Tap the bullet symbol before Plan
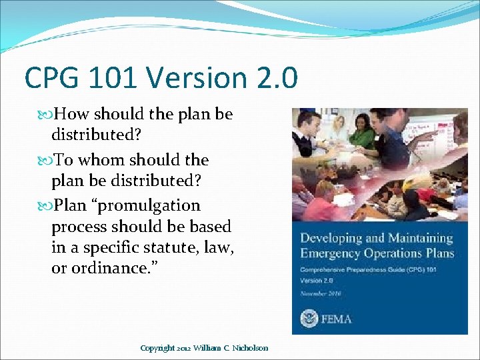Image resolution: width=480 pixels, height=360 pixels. pyautogui.click(x=45, y=206)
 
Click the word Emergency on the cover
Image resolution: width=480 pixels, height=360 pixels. pyautogui.click(x=329, y=253)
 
